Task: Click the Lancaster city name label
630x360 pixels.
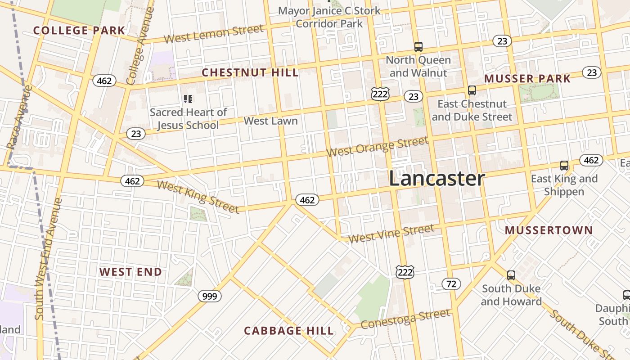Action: (x=436, y=179)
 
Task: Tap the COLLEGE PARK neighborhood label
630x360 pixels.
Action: (x=79, y=31)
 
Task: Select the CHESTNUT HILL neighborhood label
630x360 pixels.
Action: (x=250, y=73)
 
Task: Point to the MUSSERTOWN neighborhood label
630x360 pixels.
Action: (x=549, y=230)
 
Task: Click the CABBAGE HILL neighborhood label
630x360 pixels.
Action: (x=289, y=331)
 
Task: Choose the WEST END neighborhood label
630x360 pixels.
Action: (x=130, y=272)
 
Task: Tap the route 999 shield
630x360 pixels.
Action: (x=210, y=296)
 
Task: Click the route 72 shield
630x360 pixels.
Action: (x=451, y=284)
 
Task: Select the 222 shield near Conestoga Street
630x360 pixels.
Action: (x=405, y=272)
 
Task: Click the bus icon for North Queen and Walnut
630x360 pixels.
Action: (x=418, y=46)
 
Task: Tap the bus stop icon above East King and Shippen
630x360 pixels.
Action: (x=564, y=166)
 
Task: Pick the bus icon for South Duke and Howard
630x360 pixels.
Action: (x=511, y=275)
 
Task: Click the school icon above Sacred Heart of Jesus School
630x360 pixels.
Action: (x=188, y=99)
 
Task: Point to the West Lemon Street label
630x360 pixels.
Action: (x=213, y=34)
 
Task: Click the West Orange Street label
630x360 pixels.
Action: (x=377, y=147)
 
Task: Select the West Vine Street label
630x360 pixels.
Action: (x=391, y=234)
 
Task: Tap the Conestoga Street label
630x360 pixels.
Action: (x=405, y=319)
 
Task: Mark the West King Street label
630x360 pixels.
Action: (x=198, y=197)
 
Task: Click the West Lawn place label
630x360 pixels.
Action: (x=270, y=121)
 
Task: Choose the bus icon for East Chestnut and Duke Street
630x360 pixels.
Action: (x=472, y=90)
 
